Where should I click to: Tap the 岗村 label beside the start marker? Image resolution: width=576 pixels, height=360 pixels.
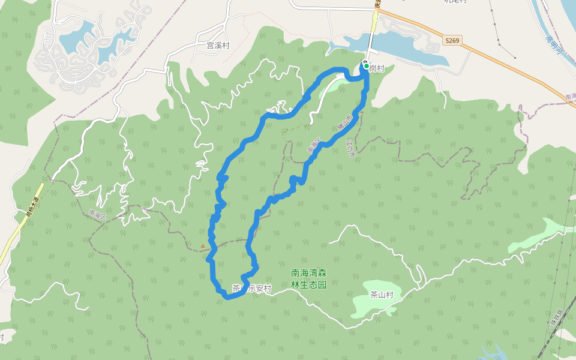(377, 68)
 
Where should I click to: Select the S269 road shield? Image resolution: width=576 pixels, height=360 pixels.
(452, 41)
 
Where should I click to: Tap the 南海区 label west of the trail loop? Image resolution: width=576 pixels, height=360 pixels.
(97, 214)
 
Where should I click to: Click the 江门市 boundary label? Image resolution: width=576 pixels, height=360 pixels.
(352, 149)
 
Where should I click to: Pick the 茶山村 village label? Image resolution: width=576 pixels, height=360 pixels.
(381, 295)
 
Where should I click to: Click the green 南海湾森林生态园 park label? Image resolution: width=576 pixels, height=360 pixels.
(308, 279)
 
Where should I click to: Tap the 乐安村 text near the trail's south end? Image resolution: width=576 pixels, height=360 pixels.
(259, 289)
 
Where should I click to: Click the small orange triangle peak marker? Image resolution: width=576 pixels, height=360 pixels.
(203, 245)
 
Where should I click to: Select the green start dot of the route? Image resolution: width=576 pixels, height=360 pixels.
(366, 66)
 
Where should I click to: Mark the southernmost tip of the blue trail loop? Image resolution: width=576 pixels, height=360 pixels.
(227, 296)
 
